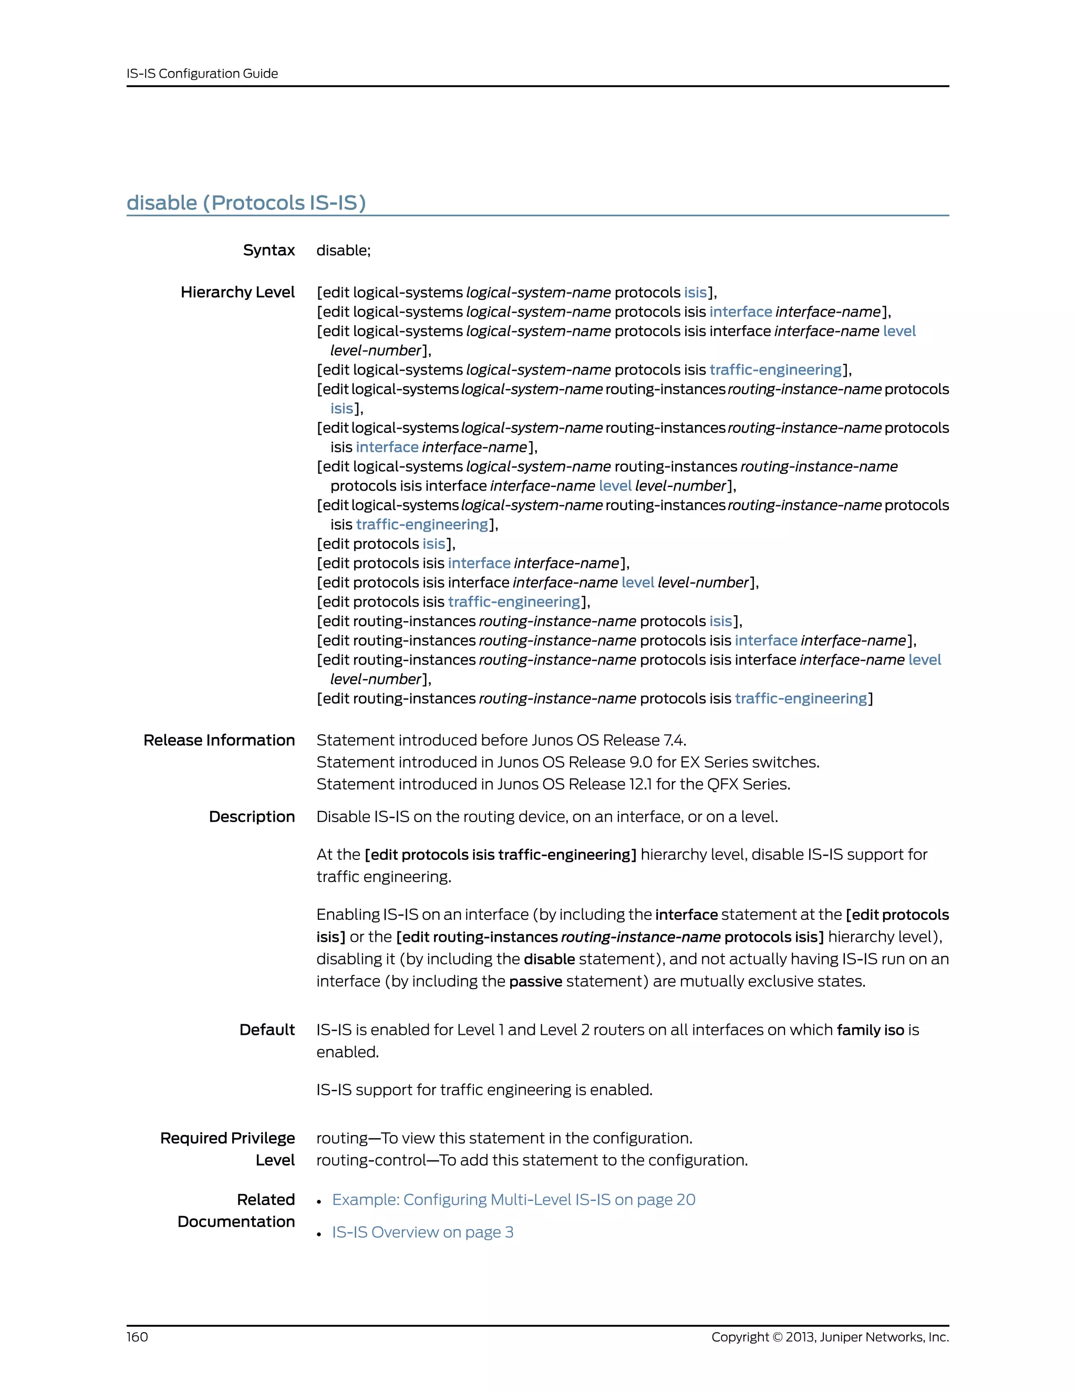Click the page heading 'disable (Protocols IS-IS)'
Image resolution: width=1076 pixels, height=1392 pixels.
(246, 203)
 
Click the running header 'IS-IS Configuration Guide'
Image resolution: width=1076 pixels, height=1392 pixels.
(202, 74)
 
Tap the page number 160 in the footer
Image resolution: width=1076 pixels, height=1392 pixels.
(137, 1336)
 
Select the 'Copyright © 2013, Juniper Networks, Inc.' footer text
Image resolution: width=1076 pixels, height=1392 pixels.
(830, 1336)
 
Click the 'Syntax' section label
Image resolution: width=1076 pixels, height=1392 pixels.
(268, 250)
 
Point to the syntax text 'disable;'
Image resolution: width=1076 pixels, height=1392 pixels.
(343, 250)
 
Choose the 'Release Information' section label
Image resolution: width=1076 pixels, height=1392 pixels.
(219, 740)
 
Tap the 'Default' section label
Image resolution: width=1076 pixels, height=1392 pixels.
(266, 1030)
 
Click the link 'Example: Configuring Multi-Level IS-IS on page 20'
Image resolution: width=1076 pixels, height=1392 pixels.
(513, 1200)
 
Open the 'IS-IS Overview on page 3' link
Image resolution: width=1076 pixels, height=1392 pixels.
(422, 1232)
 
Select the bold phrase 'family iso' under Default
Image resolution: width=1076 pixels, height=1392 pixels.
(870, 1030)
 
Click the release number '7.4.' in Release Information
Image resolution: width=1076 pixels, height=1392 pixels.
(675, 740)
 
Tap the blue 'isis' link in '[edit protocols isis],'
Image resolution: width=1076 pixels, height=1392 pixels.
(433, 544)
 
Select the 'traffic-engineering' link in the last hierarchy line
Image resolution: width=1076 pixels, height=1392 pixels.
(801, 699)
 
